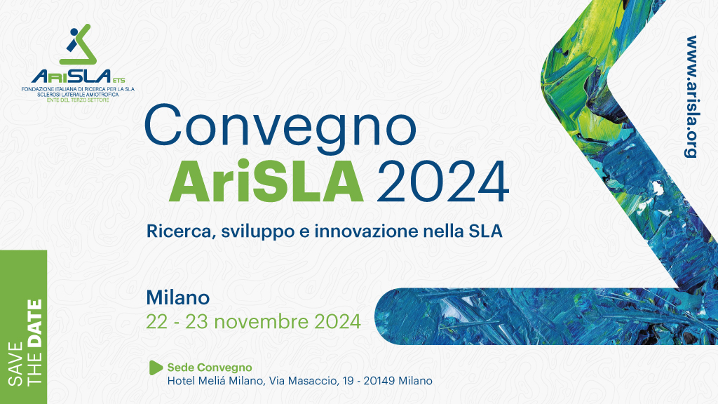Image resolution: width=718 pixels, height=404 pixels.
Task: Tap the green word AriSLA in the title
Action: tap(266, 182)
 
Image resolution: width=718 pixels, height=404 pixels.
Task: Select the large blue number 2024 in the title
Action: tap(442, 182)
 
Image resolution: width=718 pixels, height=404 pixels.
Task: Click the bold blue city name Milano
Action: tap(177, 297)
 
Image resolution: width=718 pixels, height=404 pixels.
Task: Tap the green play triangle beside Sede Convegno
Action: tap(155, 368)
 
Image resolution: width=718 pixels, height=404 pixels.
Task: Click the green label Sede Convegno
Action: tap(210, 368)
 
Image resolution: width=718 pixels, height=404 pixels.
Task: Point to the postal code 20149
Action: tap(379, 381)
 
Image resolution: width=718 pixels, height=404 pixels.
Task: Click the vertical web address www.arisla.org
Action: tap(691, 97)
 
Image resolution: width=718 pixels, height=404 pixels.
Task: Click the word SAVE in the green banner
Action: tap(16, 364)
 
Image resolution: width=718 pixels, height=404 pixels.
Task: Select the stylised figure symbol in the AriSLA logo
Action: tap(79, 44)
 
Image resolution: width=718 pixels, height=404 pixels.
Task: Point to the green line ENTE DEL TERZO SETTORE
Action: tap(78, 100)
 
